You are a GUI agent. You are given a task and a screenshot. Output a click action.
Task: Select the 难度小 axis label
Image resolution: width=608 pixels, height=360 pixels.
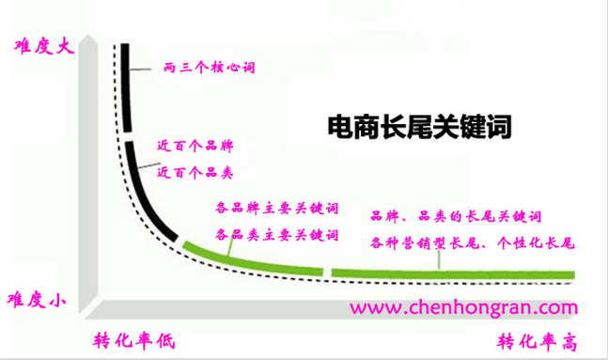[x=37, y=300]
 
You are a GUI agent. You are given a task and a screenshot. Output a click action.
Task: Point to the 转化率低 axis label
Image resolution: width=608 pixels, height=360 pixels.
[x=134, y=339]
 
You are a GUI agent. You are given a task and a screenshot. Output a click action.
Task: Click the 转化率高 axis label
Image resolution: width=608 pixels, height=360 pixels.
[x=537, y=339]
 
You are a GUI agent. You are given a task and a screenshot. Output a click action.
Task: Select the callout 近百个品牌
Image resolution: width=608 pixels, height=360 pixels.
[x=195, y=149]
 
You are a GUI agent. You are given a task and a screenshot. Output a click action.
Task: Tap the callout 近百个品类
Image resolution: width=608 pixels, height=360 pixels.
[x=195, y=173]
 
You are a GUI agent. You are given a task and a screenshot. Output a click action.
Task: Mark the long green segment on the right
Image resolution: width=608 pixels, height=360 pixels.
[x=451, y=274]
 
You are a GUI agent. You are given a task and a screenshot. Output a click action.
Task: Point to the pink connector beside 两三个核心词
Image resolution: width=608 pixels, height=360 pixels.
[x=141, y=70]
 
